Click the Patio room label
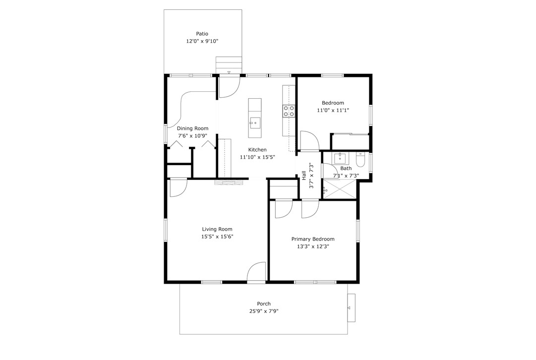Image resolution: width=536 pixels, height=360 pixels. pyautogui.click(x=202, y=34)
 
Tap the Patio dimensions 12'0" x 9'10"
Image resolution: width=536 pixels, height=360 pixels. pyautogui.click(x=202, y=41)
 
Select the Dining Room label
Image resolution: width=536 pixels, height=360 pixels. pyautogui.click(x=192, y=128)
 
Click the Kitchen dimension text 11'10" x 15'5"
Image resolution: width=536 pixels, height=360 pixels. pyautogui.click(x=257, y=157)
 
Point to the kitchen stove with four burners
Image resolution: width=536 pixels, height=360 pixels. pyautogui.click(x=289, y=111)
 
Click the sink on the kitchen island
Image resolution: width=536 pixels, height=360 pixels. pyautogui.click(x=255, y=123)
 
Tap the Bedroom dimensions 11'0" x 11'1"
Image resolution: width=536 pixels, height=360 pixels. pyautogui.click(x=333, y=111)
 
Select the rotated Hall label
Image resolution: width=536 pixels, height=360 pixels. pyautogui.click(x=304, y=176)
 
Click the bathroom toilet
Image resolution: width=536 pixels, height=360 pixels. pyautogui.click(x=360, y=159)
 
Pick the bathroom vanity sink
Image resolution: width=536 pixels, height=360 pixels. pyautogui.click(x=340, y=159)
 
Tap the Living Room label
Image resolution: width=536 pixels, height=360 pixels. pyautogui.click(x=217, y=229)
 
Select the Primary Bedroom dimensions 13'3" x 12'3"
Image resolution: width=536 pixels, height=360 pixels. pyautogui.click(x=313, y=246)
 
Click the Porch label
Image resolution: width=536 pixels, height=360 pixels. pyautogui.click(x=264, y=303)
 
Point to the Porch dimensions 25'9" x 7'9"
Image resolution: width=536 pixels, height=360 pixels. pyautogui.click(x=264, y=311)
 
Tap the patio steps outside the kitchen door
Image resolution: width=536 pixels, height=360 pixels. pyautogui.click(x=229, y=65)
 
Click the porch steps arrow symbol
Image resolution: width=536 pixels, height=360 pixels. pyautogui.click(x=349, y=308)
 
